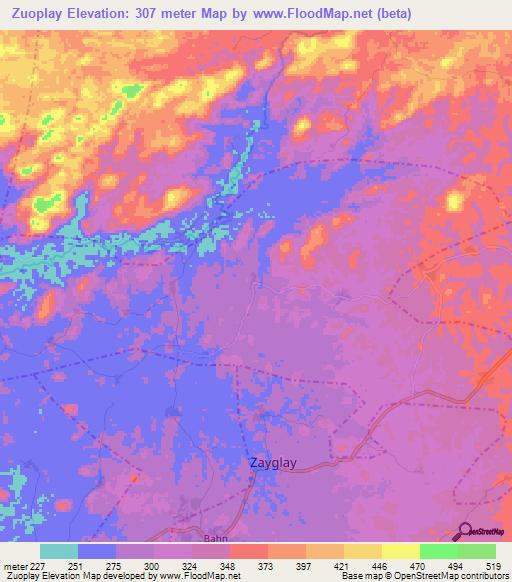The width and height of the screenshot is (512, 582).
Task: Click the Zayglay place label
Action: pyautogui.click(x=273, y=464)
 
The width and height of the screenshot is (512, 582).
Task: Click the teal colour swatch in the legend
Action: pyautogui.click(x=59, y=551)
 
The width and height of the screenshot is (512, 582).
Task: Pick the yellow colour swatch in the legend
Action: pyautogui.click(x=400, y=551)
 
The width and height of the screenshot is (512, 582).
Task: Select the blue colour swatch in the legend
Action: pyautogui.click(x=97, y=551)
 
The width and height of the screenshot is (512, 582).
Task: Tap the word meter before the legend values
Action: pyautogui.click(x=14, y=566)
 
